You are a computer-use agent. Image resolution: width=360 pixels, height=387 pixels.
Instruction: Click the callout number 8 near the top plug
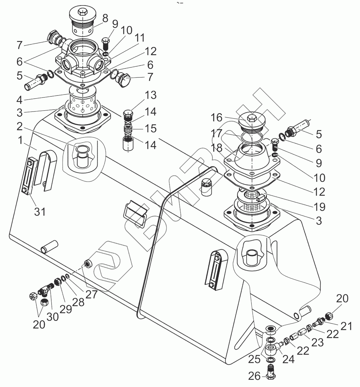pyautogui.click(x=105, y=18)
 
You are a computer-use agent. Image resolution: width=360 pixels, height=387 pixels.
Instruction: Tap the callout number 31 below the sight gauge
pyautogui.click(x=40, y=212)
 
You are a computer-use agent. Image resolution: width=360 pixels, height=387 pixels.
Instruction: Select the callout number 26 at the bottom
pyautogui.click(x=255, y=376)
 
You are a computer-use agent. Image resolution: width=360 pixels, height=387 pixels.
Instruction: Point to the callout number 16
pyautogui.click(x=216, y=117)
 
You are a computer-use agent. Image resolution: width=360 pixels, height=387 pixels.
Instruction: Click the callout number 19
pyautogui.click(x=319, y=207)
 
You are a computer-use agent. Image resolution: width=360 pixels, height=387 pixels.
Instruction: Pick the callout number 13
pyautogui.click(x=151, y=95)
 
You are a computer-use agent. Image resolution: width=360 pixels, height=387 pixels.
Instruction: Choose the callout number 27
pyautogui.click(x=91, y=294)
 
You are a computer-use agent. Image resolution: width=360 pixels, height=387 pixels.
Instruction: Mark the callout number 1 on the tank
pyautogui.click(x=20, y=140)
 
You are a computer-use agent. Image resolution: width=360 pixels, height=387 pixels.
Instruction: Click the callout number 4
pyautogui.click(x=19, y=100)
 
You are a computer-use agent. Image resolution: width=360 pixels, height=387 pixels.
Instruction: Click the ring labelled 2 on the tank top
pyautogui.click(x=83, y=149)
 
